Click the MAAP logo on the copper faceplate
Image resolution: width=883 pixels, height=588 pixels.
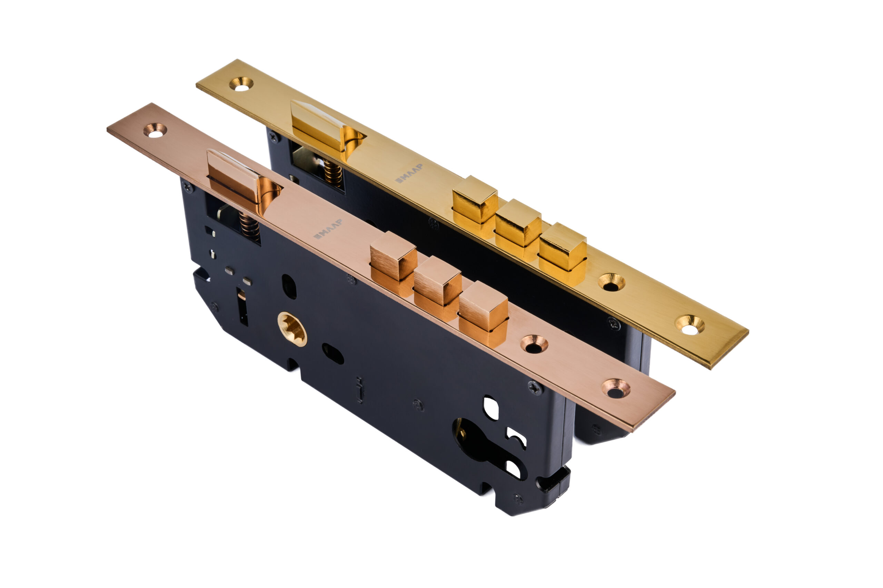tap(328, 229)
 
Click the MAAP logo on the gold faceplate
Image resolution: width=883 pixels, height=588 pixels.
tap(409, 173)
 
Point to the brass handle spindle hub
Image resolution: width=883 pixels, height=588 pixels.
tap(292, 329)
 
